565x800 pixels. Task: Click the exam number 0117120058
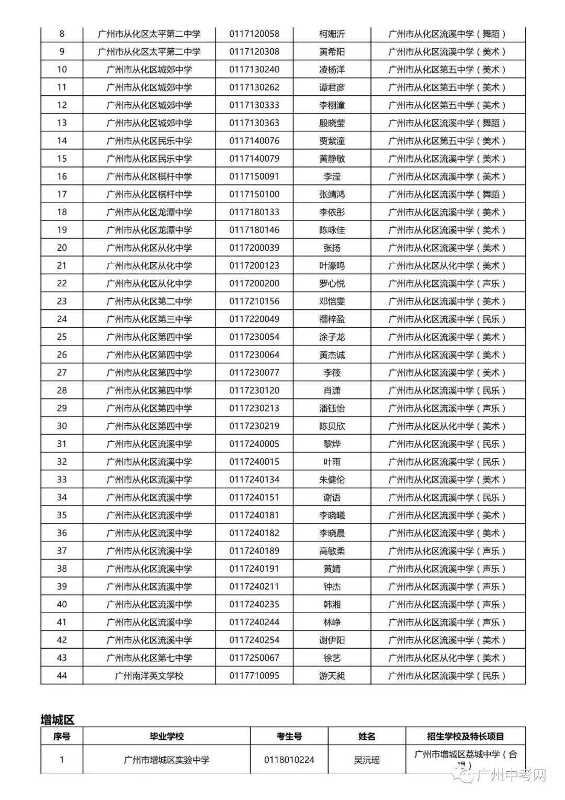coord(254,34)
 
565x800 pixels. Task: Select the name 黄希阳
coord(332,52)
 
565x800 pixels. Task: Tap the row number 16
coord(62,176)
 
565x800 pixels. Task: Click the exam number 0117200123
coord(254,265)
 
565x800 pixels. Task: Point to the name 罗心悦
coord(332,283)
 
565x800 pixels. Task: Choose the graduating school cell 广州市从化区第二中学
coord(149,301)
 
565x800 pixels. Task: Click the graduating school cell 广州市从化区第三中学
coord(149,319)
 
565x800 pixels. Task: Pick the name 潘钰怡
coord(332,408)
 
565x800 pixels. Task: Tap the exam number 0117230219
coord(254,426)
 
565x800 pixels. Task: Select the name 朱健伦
coord(332,479)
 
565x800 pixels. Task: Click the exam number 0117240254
coord(254,640)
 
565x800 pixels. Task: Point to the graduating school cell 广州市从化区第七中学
coord(149,658)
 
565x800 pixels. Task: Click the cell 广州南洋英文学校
coord(149,675)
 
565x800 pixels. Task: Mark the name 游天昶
coord(332,675)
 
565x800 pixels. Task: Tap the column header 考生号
coord(289,736)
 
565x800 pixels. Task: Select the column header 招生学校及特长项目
coord(465,736)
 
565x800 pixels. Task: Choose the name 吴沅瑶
coord(366,759)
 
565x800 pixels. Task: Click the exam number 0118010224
coord(289,759)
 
